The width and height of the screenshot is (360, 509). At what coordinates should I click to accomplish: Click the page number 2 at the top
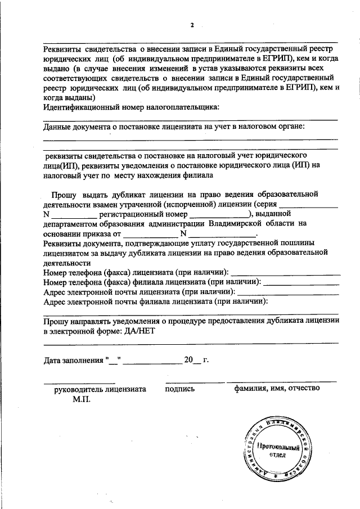pos(192,25)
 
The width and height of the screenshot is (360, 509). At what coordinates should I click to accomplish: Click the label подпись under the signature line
pos(180,389)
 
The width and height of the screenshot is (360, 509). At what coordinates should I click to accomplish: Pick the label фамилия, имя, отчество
pos(277,389)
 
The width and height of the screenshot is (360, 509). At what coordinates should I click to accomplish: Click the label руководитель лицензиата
pos(100,389)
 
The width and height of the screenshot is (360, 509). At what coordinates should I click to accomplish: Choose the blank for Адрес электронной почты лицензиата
pos(289,292)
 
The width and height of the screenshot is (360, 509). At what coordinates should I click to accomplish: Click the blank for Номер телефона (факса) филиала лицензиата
pos(301,283)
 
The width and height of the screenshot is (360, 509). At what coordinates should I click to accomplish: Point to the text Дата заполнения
pos(73,360)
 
